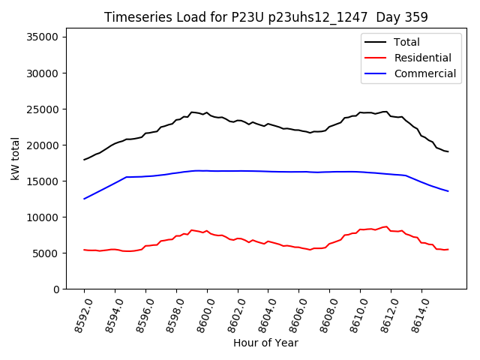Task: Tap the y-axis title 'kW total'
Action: pyautogui.click(x=16, y=158)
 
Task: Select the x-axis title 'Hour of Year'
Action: pyautogui.click(x=265, y=343)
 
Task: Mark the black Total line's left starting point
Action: pyautogui.click(x=84, y=160)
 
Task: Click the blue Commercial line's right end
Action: pyautogui.click(x=448, y=191)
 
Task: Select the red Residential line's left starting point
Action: pyautogui.click(x=84, y=250)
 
